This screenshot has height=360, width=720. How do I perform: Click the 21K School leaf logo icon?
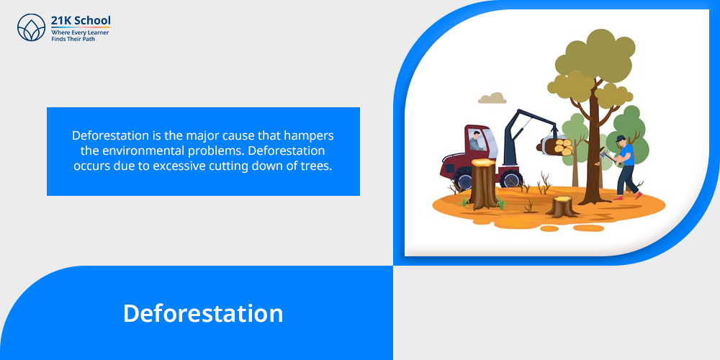pyautogui.click(x=31, y=27)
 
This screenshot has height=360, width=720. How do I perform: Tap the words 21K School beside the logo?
pyautogui.click(x=81, y=21)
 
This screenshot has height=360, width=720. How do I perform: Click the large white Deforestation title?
pyautogui.click(x=203, y=313)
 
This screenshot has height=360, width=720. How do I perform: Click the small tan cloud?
pyautogui.click(x=492, y=98)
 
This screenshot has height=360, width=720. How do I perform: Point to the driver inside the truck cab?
pyautogui.click(x=477, y=141)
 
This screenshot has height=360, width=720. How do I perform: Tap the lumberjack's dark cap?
pyautogui.click(x=621, y=138)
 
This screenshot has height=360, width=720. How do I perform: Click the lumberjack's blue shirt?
pyautogui.click(x=627, y=155)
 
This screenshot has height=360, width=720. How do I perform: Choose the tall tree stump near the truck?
pyautogui.click(x=484, y=183)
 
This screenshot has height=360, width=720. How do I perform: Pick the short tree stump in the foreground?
pyautogui.click(x=562, y=207)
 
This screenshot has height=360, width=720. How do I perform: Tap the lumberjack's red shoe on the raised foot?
pyautogui.click(x=638, y=195)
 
